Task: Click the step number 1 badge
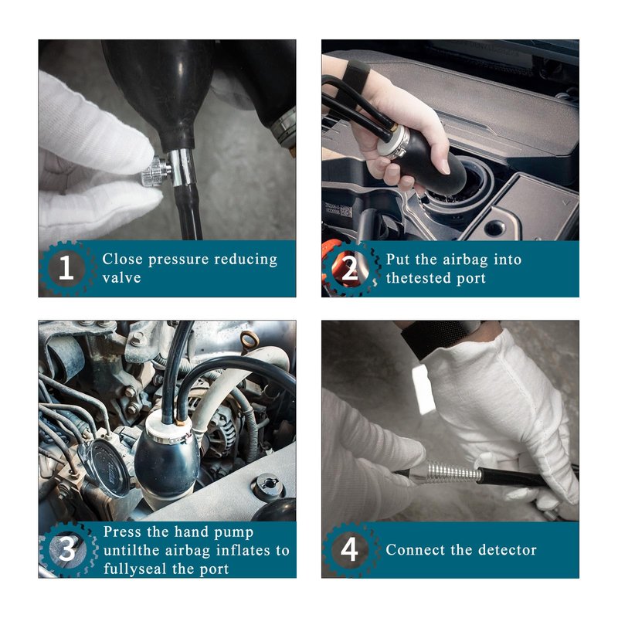(66, 268)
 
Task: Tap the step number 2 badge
(350, 269)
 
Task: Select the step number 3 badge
(66, 549)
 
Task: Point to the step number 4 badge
(350, 549)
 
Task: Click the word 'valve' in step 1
(121, 278)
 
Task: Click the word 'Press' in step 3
(123, 531)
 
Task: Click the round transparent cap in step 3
(104, 467)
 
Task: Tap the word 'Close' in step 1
(122, 260)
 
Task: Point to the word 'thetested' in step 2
(419, 278)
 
